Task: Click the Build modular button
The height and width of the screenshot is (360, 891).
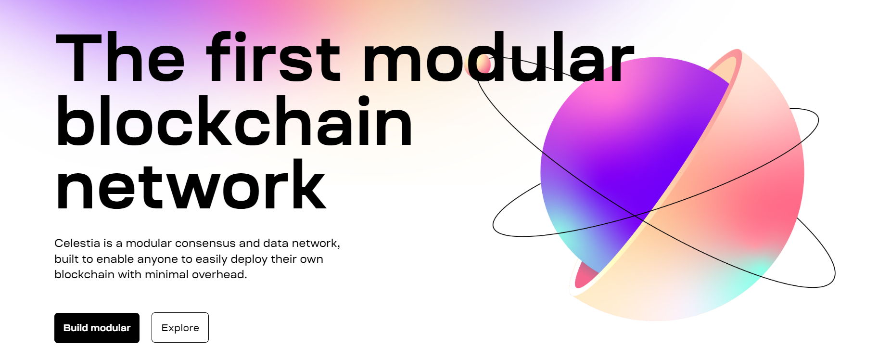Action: [97, 328]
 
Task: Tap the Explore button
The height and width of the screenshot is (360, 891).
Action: [180, 328]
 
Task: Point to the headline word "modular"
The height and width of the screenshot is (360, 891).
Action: [498, 56]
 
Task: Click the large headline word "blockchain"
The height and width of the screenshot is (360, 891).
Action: [234, 120]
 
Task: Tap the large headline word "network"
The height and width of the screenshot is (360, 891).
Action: [191, 185]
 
